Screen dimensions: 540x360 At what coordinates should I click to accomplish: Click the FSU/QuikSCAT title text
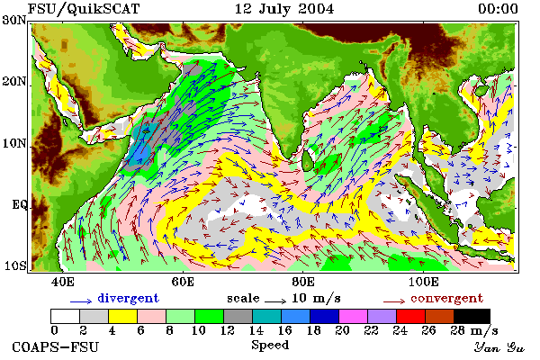(x=84, y=9)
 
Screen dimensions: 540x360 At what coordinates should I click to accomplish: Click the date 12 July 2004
(x=284, y=9)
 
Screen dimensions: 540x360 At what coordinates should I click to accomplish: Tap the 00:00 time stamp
(x=498, y=9)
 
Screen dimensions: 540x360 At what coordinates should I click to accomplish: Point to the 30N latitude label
(x=13, y=20)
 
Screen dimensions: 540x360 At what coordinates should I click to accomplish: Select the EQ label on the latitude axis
(x=19, y=204)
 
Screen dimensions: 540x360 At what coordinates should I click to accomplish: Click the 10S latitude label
(x=14, y=265)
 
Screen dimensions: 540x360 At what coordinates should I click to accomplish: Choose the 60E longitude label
(x=183, y=282)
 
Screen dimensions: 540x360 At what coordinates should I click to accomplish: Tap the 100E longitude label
(x=424, y=282)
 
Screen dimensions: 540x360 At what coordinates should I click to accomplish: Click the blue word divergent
(x=128, y=298)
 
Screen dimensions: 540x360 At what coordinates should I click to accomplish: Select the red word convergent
(x=446, y=298)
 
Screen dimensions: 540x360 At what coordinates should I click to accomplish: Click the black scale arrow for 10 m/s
(x=275, y=301)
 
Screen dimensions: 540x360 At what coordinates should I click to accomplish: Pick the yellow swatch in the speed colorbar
(x=122, y=316)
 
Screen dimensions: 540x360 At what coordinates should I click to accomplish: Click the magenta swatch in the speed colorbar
(x=353, y=316)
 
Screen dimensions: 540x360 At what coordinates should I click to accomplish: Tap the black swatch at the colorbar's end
(x=472, y=316)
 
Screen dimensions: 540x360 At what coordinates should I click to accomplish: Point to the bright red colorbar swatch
(x=410, y=316)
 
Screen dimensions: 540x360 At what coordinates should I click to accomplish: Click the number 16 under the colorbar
(x=285, y=330)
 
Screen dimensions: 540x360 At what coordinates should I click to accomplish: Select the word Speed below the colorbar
(x=270, y=346)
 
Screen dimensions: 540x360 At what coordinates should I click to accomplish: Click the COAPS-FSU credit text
(x=56, y=346)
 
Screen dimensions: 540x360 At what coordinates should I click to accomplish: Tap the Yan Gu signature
(x=499, y=347)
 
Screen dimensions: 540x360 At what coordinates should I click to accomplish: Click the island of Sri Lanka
(x=308, y=160)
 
